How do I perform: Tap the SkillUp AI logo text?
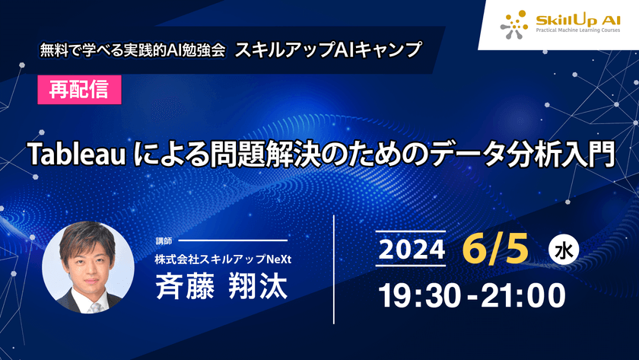click(571, 21)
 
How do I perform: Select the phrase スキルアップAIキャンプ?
click(328, 50)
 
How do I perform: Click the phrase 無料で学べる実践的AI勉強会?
click(132, 52)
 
